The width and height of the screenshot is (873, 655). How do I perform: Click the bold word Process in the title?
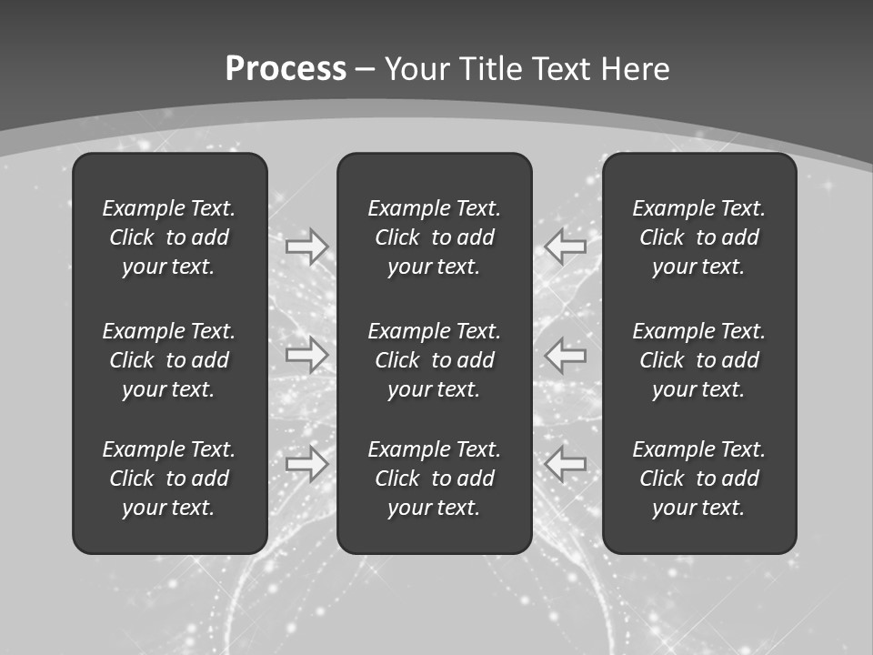click(x=286, y=69)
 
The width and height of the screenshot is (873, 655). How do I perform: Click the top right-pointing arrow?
click(x=306, y=246)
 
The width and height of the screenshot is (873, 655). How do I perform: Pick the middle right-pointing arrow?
click(x=306, y=354)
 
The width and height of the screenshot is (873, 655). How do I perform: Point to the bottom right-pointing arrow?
click(x=306, y=463)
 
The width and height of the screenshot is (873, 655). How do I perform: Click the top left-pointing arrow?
click(x=566, y=246)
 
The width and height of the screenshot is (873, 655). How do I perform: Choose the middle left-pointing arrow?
click(x=566, y=354)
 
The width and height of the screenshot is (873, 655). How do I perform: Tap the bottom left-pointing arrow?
click(x=566, y=463)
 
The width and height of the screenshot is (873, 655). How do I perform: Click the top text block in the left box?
click(x=169, y=237)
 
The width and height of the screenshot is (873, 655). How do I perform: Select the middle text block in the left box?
click(x=169, y=360)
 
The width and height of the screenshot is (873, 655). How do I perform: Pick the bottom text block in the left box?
click(x=169, y=479)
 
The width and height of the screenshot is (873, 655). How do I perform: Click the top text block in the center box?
click(x=435, y=237)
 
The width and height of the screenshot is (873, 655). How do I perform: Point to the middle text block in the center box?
click(x=435, y=360)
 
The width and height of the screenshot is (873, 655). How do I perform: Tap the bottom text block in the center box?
click(x=435, y=479)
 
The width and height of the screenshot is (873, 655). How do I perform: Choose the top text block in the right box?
click(x=699, y=237)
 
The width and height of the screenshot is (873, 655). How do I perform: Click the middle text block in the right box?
click(x=699, y=360)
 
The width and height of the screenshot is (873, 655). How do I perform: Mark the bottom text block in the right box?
click(x=699, y=479)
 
